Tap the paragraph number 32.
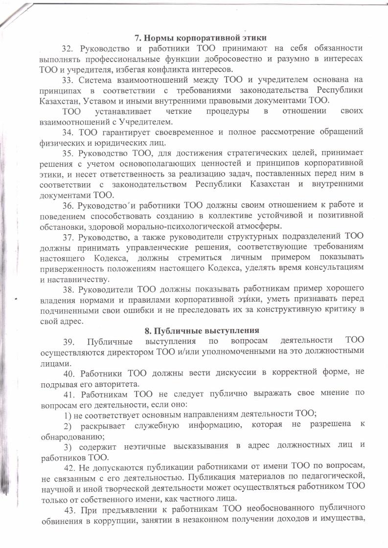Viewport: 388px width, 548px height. click(67, 48)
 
